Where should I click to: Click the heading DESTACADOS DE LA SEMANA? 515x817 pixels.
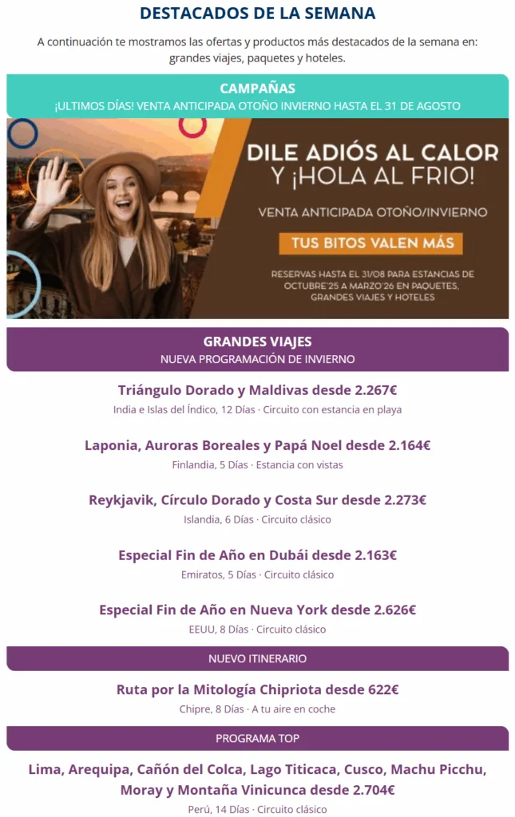[x=257, y=14]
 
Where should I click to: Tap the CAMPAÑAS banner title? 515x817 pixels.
[x=257, y=89]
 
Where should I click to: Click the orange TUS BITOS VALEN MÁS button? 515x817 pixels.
[x=371, y=243]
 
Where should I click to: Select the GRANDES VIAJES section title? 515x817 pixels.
[x=257, y=341]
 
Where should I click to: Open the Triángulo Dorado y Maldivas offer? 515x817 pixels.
[x=257, y=390]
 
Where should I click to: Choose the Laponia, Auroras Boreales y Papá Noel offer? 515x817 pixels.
[x=257, y=445]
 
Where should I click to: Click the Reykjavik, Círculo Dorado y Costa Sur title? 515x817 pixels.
[x=257, y=500]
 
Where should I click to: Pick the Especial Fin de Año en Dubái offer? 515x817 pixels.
[x=257, y=555]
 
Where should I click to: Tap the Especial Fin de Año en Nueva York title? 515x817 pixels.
[x=257, y=610]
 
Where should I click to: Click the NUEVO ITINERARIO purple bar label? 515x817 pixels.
[x=257, y=659]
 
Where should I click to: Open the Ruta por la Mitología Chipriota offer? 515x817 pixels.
[x=257, y=689]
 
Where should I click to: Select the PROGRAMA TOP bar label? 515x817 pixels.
[x=257, y=739]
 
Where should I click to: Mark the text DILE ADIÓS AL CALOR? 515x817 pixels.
[x=373, y=152]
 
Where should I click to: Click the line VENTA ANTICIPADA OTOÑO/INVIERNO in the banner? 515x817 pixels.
[x=373, y=213]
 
